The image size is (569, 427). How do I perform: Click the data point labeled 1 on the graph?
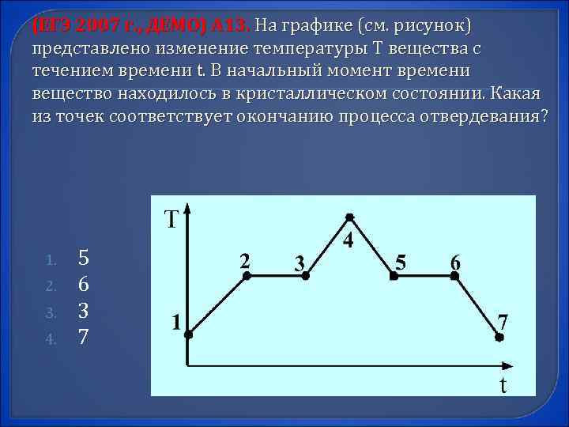(188, 335)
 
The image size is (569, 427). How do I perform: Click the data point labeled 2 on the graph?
(247, 276)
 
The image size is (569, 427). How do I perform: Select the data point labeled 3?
(309, 276)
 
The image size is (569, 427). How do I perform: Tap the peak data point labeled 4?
(349, 216)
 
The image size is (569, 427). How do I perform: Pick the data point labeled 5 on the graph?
(392, 276)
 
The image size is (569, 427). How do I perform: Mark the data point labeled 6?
(454, 276)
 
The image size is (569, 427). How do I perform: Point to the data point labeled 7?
(499, 337)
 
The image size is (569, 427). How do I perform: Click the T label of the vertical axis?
(171, 219)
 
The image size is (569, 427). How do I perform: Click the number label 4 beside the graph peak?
(347, 240)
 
